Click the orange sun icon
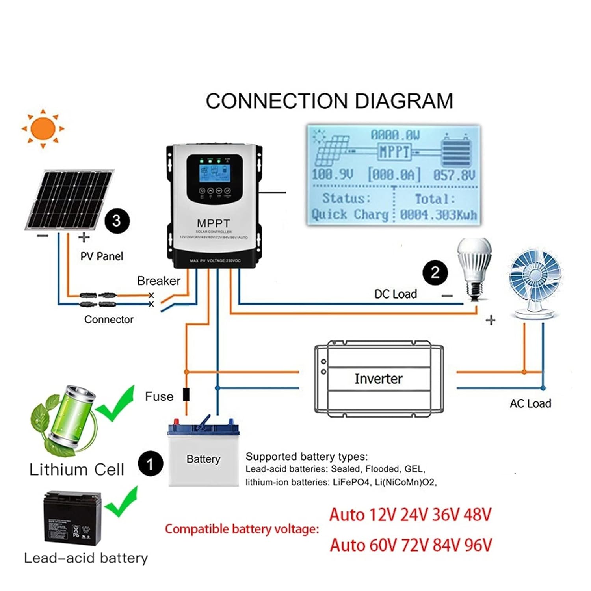(x=43, y=128)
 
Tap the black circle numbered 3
(x=117, y=221)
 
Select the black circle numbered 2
(x=435, y=272)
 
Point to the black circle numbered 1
(x=150, y=464)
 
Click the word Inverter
(x=378, y=379)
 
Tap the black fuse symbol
(x=186, y=394)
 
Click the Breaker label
(x=158, y=281)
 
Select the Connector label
(x=109, y=320)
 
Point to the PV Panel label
(x=102, y=256)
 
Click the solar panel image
(x=69, y=200)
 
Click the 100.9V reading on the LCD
(x=333, y=175)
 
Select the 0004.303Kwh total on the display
(x=438, y=215)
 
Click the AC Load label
(x=530, y=403)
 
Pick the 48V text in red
(x=478, y=515)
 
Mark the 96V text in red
(x=478, y=545)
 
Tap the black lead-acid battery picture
(x=72, y=519)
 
